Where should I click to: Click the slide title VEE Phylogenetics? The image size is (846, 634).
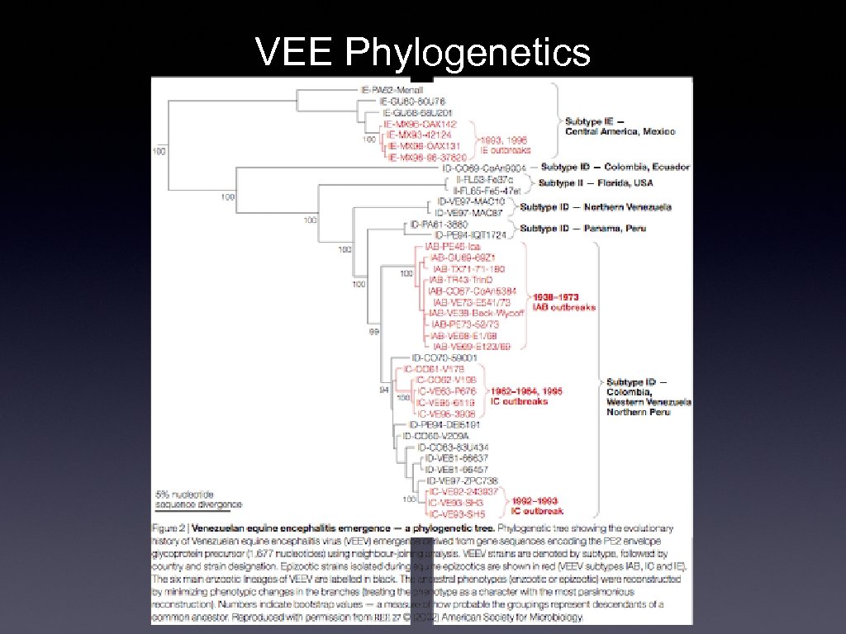[423, 52]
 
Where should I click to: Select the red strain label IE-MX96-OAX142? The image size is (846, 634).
[421, 124]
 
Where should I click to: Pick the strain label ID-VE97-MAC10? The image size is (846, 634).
[470, 202]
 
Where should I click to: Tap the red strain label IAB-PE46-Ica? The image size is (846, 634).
[452, 247]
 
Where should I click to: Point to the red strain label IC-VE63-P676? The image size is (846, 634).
[447, 391]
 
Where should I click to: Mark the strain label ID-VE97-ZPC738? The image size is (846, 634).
[462, 480]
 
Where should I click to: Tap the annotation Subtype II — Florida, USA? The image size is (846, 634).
[596, 183]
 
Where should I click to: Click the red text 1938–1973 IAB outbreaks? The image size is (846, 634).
[563, 302]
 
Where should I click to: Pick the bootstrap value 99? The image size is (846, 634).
[373, 332]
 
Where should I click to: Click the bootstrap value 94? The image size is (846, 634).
[383, 390]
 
